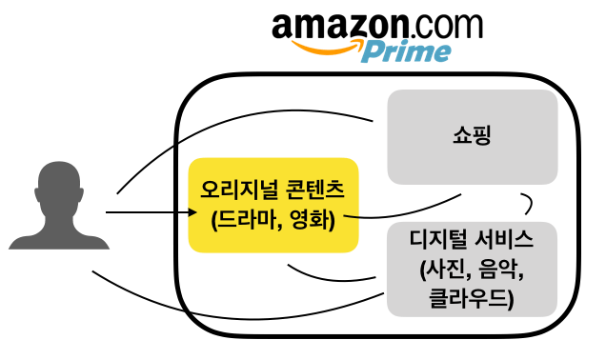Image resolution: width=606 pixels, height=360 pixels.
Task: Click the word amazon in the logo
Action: [x=340, y=26]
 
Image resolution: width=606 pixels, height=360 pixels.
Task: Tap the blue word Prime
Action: [x=406, y=51]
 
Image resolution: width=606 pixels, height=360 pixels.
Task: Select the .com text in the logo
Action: [x=446, y=26]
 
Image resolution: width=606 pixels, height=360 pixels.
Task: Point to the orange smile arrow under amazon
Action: [x=328, y=47]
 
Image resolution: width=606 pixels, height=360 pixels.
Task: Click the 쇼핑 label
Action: [x=472, y=135]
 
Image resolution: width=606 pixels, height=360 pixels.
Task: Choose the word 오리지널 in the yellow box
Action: [x=238, y=190]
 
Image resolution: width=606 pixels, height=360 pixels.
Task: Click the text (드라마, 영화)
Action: [x=273, y=221]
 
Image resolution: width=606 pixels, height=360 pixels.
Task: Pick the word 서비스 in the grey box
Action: [x=505, y=239]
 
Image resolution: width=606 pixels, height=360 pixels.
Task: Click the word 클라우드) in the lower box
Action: [x=472, y=298]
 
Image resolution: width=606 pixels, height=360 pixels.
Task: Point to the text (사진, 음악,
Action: [x=472, y=269]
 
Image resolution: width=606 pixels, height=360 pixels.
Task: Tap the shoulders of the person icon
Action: [x=59, y=239]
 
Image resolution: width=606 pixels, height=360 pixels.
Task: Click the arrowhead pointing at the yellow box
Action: [x=192, y=212]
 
